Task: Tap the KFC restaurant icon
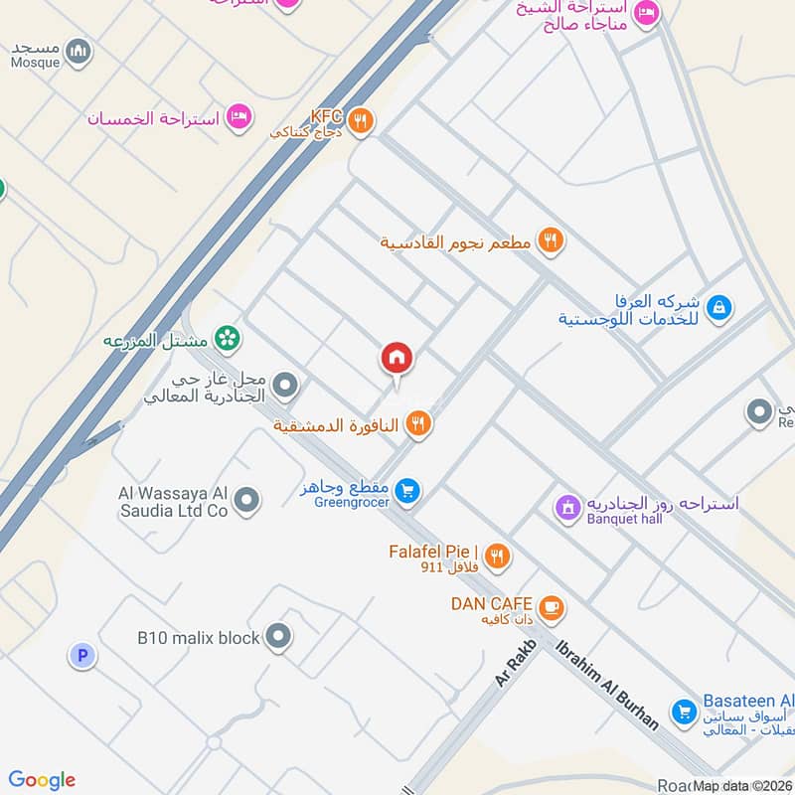coord(363,121)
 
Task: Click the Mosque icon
coord(79,50)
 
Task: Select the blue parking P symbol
coord(80,655)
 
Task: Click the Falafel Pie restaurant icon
coord(498,556)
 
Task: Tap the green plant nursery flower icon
coord(228,339)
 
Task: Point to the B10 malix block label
coord(198,637)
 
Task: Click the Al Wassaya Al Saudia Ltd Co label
coord(174,502)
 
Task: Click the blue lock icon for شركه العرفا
coord(720,308)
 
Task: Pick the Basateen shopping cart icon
coord(683,712)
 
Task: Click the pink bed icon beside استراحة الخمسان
coord(239,117)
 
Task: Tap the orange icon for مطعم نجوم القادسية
coord(550,239)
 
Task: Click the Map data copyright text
coord(741,786)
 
